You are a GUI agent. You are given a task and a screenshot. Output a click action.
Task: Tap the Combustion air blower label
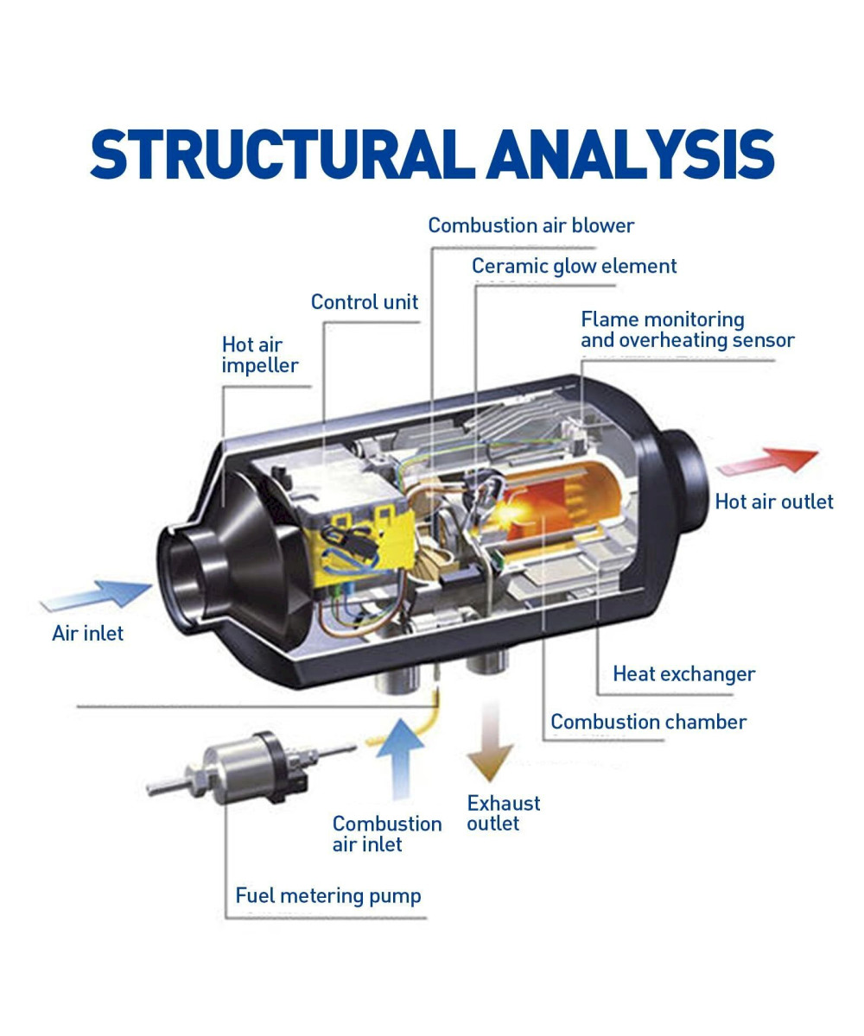point(530,226)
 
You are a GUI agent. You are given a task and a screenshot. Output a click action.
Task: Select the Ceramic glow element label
point(574,266)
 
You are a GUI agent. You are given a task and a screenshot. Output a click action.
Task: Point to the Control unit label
point(364,302)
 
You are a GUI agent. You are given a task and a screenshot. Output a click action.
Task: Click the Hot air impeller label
point(259,355)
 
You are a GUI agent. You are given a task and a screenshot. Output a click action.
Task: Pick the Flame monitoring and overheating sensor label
point(687,330)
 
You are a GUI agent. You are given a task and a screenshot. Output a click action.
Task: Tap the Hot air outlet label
point(773,502)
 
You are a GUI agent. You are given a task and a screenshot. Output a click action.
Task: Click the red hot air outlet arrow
point(768,461)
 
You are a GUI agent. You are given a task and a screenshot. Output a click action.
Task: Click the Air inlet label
point(87,634)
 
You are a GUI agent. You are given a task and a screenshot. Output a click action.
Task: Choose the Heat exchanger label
point(683,674)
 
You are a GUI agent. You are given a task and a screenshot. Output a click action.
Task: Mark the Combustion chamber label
point(648,722)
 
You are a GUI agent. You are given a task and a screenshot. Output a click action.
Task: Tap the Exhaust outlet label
point(503,813)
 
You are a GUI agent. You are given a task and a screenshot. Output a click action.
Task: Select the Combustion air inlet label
point(386,834)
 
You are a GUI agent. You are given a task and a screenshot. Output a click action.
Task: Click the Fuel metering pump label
point(328,896)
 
